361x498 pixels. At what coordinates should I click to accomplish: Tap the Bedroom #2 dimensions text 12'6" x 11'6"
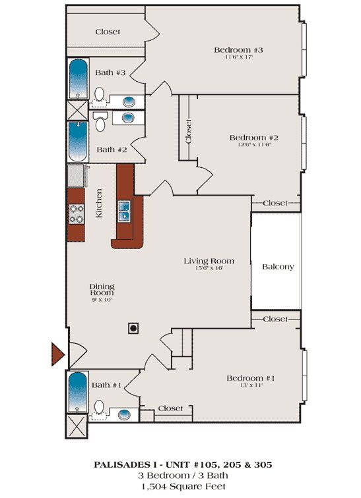[254, 145]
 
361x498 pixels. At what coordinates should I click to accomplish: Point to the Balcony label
[278, 267]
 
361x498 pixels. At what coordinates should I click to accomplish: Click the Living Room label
[209, 261]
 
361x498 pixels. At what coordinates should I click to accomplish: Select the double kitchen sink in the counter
[125, 212]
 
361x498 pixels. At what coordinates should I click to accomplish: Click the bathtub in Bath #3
[79, 78]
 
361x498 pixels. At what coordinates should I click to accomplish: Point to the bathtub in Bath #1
[78, 391]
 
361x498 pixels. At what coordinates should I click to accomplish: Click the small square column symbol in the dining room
[133, 327]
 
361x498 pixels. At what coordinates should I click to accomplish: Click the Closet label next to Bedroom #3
[107, 32]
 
